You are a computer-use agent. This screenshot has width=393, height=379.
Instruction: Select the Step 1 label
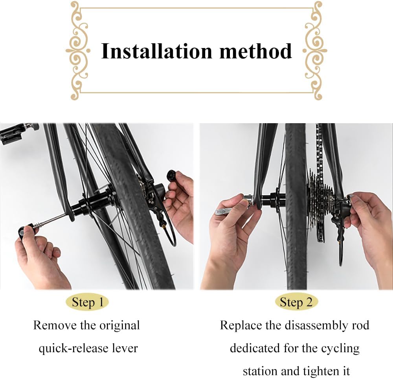pos(88,302)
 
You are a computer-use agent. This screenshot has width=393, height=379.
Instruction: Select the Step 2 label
pos(296,302)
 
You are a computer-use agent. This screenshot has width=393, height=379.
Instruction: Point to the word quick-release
pos(72,349)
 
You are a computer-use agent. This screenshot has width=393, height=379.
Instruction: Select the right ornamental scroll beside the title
pos(315,51)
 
